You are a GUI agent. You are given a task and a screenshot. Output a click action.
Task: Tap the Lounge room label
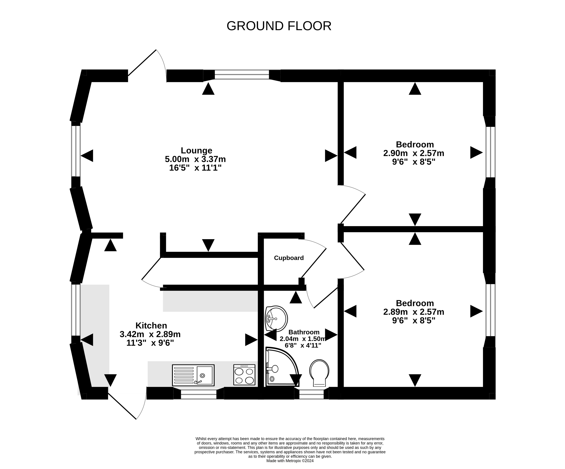196,150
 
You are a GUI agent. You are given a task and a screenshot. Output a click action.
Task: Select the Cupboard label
289,258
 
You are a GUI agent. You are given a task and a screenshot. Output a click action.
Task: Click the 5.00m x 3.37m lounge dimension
195,159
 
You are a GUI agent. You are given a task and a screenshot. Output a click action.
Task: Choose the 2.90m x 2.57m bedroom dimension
414,153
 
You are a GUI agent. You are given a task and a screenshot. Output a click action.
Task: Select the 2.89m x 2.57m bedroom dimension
414,312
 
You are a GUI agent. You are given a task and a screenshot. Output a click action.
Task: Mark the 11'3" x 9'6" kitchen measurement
150,343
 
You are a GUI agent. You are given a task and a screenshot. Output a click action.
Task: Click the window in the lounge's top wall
242,75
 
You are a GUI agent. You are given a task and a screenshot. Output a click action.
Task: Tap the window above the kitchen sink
198,394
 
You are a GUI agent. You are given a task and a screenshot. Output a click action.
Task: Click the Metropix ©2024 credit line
290,461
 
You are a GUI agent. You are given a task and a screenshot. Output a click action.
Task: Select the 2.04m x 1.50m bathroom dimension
303,339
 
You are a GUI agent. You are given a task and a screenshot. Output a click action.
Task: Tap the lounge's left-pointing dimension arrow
87,156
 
